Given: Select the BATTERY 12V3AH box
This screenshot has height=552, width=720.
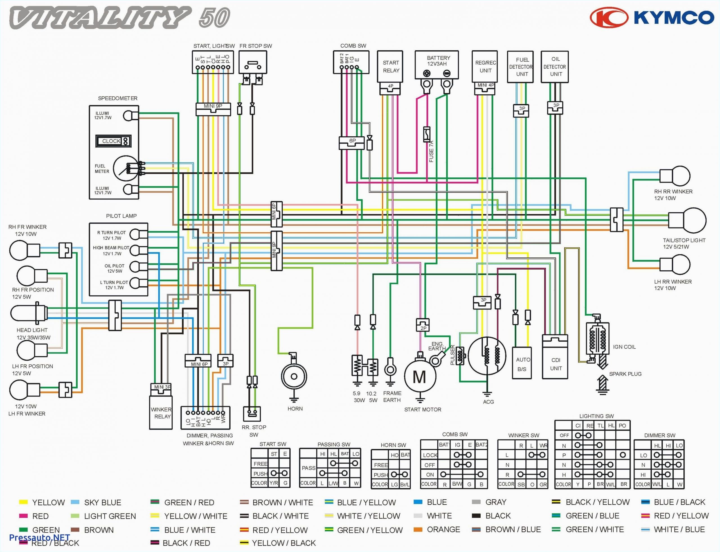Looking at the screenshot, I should tap(437, 65).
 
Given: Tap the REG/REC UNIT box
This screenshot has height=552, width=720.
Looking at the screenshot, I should tap(484, 66).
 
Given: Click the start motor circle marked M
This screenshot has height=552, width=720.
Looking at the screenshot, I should tap(420, 377).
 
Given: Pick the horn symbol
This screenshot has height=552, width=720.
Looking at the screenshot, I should tap(294, 377).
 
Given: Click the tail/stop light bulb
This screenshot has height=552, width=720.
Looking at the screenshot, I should tap(687, 220).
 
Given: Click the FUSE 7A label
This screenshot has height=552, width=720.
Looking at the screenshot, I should tap(431, 151).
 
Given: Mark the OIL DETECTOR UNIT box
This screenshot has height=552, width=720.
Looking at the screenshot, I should tap(555, 67).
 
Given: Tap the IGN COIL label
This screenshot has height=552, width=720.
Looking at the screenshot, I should tap(624, 347).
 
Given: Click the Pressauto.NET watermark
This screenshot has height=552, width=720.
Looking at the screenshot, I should tap(39, 538).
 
